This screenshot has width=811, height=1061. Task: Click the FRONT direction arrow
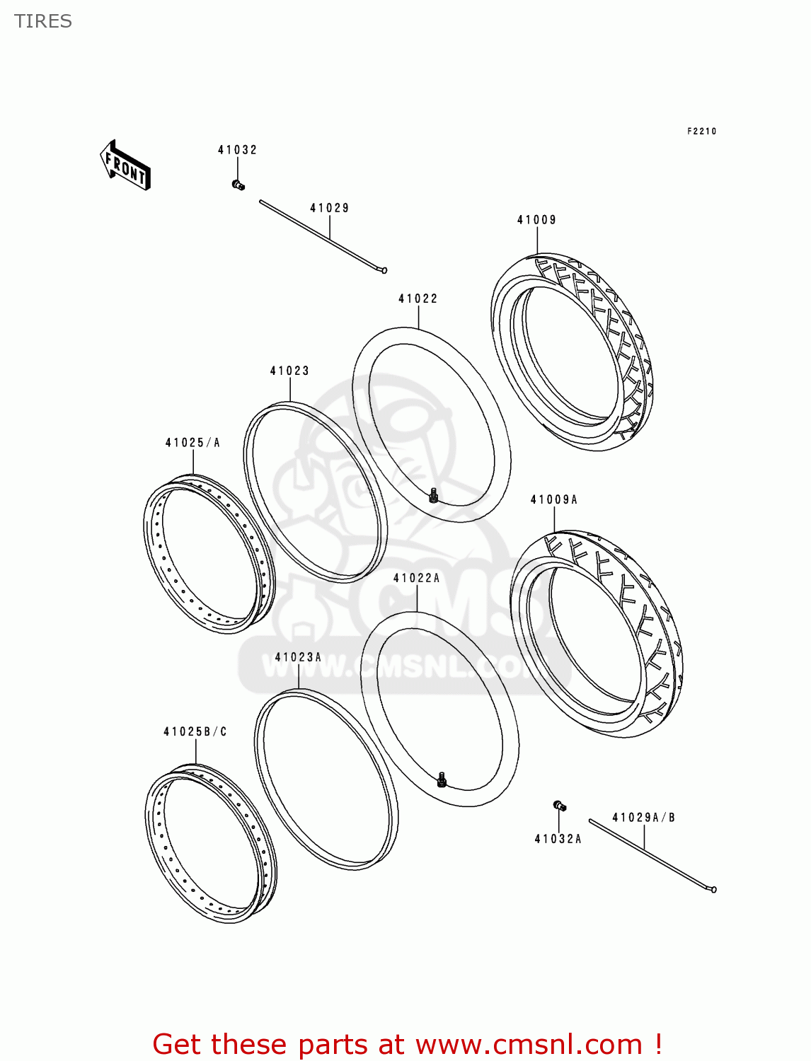[125, 165]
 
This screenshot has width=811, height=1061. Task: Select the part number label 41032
[237, 150]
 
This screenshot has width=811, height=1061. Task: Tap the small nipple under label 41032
[238, 185]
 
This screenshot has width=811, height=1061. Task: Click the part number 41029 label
[329, 208]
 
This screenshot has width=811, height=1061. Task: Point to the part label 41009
[536, 220]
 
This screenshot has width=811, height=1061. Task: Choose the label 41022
[418, 298]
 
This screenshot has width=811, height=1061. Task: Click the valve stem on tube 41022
[433, 494]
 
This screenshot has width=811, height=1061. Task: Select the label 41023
[289, 371]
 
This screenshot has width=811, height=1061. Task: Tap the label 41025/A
[192, 442]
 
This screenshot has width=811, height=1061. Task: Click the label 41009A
[553, 499]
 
